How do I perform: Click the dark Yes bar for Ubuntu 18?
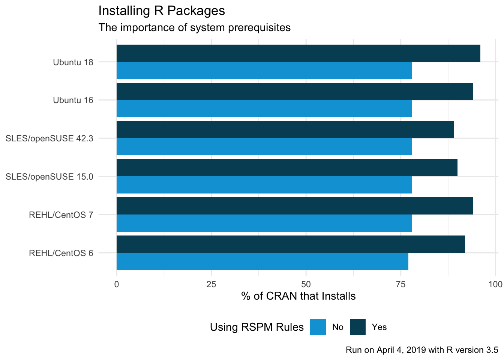[x=298, y=53]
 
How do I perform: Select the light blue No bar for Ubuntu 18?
[x=264, y=70]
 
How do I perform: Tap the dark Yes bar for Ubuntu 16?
[x=294, y=91]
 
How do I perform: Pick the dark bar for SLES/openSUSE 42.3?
[x=285, y=130]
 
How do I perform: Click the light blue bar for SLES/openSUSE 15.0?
[x=264, y=185]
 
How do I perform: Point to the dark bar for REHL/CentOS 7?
[x=294, y=206]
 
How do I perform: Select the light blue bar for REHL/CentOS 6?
[x=262, y=261]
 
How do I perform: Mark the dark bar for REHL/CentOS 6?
[x=291, y=244]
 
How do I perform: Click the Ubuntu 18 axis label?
[x=73, y=62]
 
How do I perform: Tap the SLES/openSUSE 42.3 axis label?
[x=49, y=138]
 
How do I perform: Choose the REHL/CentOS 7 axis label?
[x=61, y=215]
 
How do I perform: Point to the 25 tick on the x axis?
[x=211, y=284]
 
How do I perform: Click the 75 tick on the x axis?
[x=401, y=284]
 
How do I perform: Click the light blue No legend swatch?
[x=318, y=327]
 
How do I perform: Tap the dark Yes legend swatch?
[x=358, y=327]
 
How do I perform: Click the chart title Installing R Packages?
[x=162, y=10]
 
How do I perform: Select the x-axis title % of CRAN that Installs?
[x=298, y=296]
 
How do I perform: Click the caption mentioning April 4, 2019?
[x=422, y=350]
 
